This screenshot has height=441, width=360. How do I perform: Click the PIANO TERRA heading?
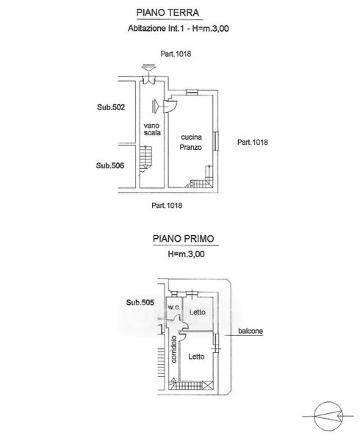(x=168, y=12)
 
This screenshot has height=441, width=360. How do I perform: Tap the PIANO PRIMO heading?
(x=184, y=239)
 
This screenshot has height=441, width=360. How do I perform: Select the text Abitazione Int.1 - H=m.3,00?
(x=179, y=28)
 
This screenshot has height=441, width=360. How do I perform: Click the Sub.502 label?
(x=111, y=107)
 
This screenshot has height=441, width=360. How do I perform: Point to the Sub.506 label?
(x=110, y=165)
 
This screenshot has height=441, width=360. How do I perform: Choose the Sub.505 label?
(x=140, y=302)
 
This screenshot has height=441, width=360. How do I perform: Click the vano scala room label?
(x=152, y=129)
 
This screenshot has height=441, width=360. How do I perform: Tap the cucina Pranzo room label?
(x=191, y=142)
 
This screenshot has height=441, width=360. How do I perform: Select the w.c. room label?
(x=174, y=307)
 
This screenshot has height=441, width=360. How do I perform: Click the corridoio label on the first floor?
(x=174, y=349)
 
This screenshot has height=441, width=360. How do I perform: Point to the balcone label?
(x=251, y=331)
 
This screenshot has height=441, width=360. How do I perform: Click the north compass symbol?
(x=328, y=416)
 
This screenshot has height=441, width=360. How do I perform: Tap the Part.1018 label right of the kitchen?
(x=253, y=142)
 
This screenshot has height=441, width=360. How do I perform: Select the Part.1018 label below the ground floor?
(x=167, y=206)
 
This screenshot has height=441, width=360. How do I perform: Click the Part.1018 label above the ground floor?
(x=176, y=54)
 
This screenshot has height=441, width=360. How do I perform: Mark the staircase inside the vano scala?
(x=145, y=160)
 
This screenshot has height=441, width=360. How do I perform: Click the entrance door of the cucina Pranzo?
(x=170, y=105)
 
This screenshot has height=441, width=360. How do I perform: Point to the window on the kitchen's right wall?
(x=216, y=141)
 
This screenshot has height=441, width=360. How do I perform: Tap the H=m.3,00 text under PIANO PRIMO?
(x=186, y=254)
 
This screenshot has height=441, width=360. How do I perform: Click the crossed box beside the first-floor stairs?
(x=208, y=385)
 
